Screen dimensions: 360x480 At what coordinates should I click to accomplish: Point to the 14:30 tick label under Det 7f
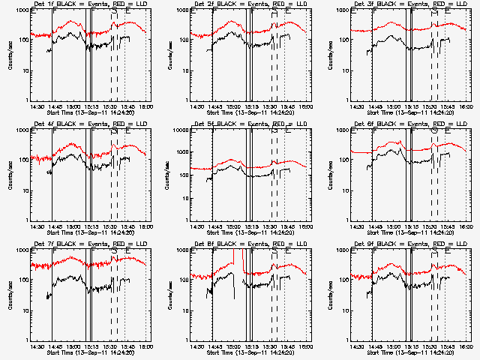(37, 346)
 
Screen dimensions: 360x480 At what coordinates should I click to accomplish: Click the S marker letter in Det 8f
(274, 252)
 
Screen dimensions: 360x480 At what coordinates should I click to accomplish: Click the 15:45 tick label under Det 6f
(447, 226)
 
